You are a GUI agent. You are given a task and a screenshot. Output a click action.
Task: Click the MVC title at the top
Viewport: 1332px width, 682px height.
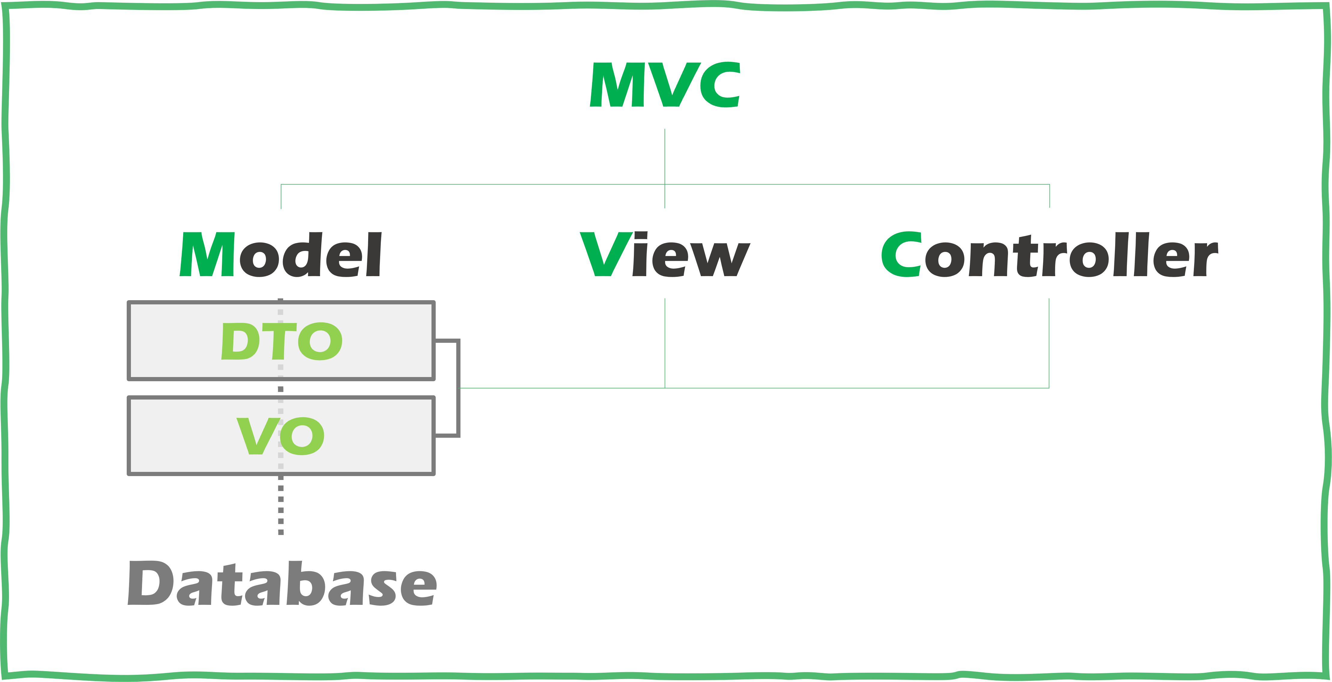tap(665, 85)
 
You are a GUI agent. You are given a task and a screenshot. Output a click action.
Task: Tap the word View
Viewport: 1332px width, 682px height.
tap(665, 254)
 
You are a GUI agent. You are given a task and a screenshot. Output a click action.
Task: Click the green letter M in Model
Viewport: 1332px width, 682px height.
tap(207, 254)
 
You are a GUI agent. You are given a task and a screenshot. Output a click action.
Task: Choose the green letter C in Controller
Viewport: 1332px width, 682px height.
tap(901, 254)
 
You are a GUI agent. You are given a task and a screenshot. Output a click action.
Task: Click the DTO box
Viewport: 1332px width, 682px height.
tap(362, 341)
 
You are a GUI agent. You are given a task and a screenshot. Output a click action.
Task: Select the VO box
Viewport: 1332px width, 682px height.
tap(362, 436)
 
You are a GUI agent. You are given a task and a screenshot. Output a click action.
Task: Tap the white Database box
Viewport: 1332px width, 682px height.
tap(281, 582)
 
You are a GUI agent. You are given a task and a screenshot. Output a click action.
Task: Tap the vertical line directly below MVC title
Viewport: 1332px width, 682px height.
tap(664, 155)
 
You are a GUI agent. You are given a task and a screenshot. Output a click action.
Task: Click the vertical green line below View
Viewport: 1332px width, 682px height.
tap(665, 341)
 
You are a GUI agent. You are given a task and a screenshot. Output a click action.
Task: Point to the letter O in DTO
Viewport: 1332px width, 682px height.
tap(321, 341)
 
